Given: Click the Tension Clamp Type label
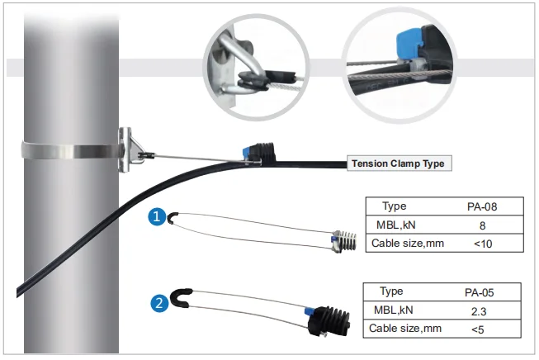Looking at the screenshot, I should click(x=398, y=163).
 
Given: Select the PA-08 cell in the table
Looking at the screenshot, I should click(x=480, y=206).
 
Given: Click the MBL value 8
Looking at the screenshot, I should click(x=480, y=225).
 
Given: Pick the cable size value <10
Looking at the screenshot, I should click(x=480, y=243).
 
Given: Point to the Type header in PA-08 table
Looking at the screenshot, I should click(x=395, y=206).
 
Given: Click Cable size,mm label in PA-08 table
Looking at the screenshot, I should click(x=402, y=243).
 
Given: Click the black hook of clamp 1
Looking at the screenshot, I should click(x=171, y=218).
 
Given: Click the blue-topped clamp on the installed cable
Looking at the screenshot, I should click(x=258, y=152).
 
